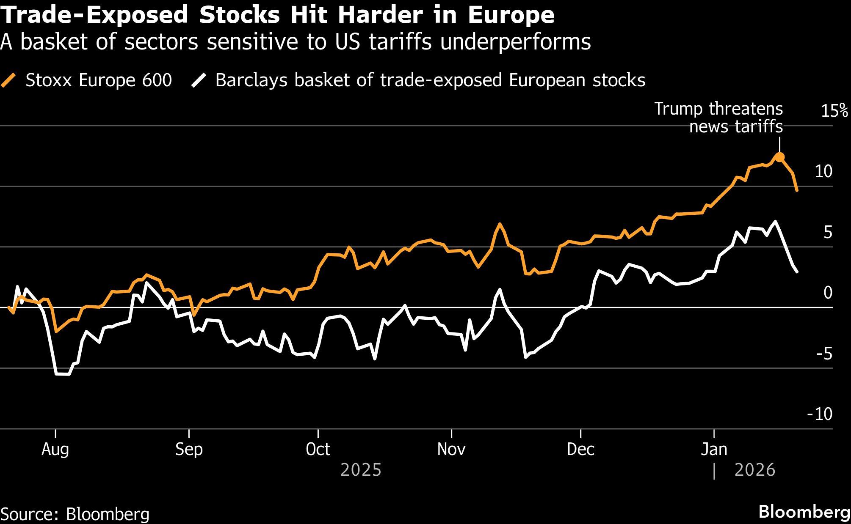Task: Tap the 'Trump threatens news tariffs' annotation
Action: coord(718,118)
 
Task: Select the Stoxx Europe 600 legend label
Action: coord(99,80)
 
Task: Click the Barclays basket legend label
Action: coord(430,80)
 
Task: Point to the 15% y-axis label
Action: coord(834,111)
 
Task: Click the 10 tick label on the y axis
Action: coord(823,171)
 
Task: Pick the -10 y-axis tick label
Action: coord(820,414)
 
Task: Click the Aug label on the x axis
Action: coord(55,449)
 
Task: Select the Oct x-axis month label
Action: coord(318,449)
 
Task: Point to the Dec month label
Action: coord(580,449)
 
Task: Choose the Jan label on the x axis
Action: coord(714,449)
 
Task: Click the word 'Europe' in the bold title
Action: coord(511,15)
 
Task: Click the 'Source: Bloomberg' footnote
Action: coord(75,514)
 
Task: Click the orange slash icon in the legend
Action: coord(9,80)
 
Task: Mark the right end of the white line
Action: coord(797,272)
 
